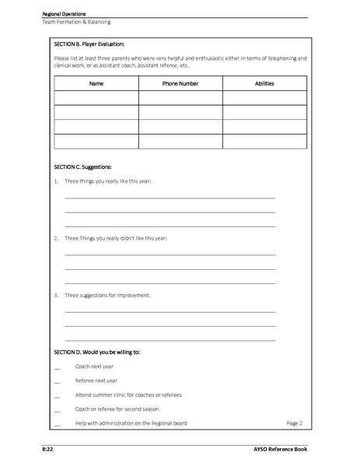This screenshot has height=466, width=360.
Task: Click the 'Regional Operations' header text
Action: [x=65, y=14]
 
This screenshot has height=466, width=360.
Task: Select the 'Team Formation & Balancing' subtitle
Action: [x=75, y=22]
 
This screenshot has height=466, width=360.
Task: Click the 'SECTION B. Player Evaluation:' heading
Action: [x=89, y=44]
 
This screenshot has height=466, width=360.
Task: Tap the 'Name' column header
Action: [x=96, y=83]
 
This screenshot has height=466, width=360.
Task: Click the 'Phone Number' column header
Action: [x=180, y=83]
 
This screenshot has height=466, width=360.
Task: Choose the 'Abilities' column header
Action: [x=264, y=83]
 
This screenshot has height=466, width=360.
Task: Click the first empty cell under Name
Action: [x=96, y=98]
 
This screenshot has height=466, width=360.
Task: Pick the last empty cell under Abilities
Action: [x=264, y=141]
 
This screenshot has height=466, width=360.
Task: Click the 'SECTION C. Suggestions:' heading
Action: [x=83, y=167]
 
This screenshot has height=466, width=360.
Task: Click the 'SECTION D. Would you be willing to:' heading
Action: [x=97, y=352]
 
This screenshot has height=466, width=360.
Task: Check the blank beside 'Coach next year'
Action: [x=58, y=367]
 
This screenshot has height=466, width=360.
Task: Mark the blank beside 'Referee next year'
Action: [x=58, y=381]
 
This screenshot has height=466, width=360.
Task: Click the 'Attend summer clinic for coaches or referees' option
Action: [x=128, y=395]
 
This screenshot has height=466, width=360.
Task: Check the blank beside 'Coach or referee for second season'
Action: [x=58, y=409]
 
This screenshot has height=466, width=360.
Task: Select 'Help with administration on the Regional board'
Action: [x=131, y=423]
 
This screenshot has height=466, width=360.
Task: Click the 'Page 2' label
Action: [x=294, y=423]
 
